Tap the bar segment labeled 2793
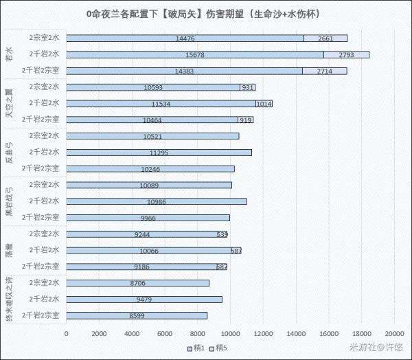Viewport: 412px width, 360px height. point(347,54)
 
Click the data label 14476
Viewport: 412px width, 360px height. point(185,38)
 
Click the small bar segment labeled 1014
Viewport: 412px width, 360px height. point(264,104)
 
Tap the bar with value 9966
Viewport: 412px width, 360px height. point(148,218)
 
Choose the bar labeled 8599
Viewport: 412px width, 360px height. point(137,315)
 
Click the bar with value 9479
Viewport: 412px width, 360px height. point(144,300)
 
